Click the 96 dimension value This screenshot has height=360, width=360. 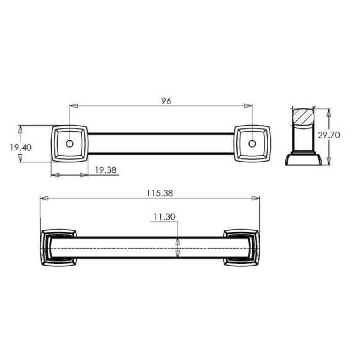[166, 101]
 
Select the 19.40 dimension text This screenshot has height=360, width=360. [20, 147]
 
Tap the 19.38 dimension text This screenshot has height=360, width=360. [106, 170]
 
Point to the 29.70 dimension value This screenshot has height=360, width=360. [329, 135]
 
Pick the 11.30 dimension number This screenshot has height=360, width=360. [164, 217]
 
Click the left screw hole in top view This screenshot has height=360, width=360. [70, 143]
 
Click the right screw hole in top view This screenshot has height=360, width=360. [252, 143]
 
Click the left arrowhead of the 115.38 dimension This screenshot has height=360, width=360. [44, 198]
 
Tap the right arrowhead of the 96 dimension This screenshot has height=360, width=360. [249, 106]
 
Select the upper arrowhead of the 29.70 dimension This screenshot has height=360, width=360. [329, 112]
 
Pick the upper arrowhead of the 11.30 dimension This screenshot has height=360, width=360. [178, 242]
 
